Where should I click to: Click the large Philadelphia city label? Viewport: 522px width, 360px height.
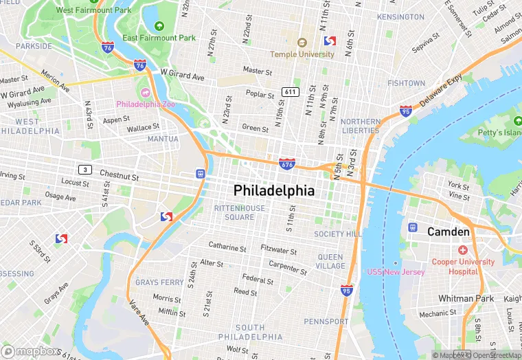(274, 190)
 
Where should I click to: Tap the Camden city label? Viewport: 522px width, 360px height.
(448, 232)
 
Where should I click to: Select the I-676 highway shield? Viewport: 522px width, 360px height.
(288, 164)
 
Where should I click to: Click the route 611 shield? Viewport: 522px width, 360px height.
(290, 92)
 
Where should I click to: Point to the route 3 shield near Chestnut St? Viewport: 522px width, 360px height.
(84, 169)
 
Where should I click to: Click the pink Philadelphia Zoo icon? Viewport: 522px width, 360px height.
(146, 93)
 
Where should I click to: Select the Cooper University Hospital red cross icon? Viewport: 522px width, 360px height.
(463, 250)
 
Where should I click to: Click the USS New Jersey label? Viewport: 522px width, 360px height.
(396, 272)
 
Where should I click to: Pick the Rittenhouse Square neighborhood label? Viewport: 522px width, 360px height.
(239, 212)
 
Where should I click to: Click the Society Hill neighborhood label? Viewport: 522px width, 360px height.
(338, 234)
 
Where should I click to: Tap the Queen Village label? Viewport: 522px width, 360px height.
(331, 261)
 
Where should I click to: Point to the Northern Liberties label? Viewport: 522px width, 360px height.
(360, 126)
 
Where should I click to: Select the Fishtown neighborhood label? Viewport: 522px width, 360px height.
(406, 83)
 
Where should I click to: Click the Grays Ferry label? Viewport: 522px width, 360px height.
(159, 282)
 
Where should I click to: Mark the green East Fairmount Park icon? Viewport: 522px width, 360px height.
(159, 26)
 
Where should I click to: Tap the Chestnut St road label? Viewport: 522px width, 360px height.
(119, 176)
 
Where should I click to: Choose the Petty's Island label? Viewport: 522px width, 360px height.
(501, 132)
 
